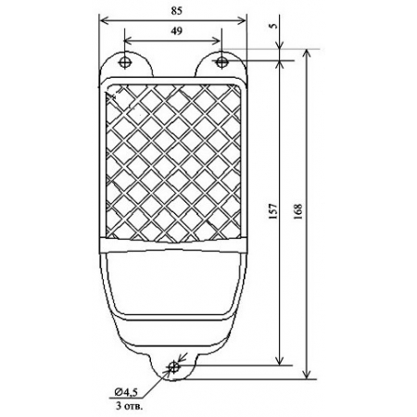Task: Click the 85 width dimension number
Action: [x=176, y=11]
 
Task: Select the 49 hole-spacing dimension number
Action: [x=176, y=31]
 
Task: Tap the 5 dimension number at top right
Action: [x=273, y=26]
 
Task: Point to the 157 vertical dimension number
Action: [x=273, y=211]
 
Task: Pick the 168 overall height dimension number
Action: [x=297, y=211]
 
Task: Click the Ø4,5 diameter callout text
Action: [x=126, y=393]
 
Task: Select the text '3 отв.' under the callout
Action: [x=130, y=406]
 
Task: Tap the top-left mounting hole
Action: [x=124, y=63]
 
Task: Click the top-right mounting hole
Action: [x=221, y=62]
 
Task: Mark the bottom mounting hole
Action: [x=173, y=367]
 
